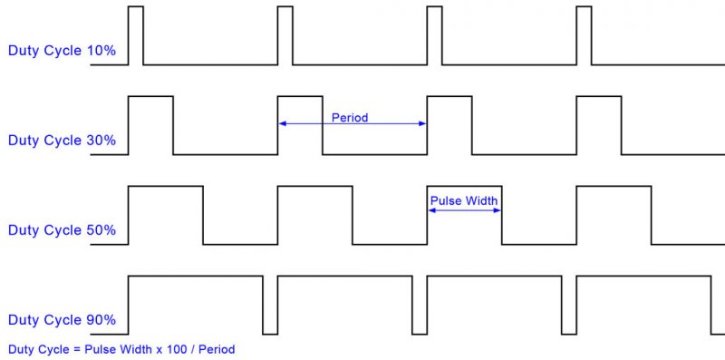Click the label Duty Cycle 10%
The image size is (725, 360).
[62, 51]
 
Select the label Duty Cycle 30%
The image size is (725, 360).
[62, 141]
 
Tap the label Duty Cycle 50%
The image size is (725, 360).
[62, 230]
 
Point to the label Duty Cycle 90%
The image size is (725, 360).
[62, 320]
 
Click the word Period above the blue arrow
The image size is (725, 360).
[350, 117]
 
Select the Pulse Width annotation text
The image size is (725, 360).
[463, 200]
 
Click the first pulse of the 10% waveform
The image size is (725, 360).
[136, 35]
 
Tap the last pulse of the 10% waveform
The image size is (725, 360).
[584, 35]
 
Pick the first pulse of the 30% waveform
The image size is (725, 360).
[151, 124]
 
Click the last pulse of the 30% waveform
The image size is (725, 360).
[599, 124]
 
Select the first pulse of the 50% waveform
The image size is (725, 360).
[166, 214]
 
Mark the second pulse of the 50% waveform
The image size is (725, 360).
[314, 214]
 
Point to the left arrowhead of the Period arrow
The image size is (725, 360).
[282, 124]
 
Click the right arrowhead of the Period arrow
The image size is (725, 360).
[422, 124]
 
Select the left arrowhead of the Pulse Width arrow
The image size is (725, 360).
[431, 209]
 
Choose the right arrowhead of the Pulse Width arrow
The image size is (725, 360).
[498, 209]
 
